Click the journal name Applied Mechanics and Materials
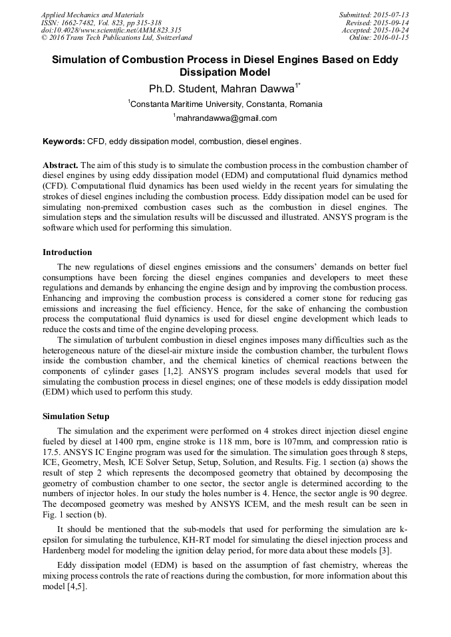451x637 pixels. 92,15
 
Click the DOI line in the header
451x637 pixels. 111,30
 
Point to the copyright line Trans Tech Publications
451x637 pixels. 116,38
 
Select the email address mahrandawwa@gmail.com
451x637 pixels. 225,118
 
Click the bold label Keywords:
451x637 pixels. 64,141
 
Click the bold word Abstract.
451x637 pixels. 60,165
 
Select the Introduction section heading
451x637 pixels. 67,252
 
